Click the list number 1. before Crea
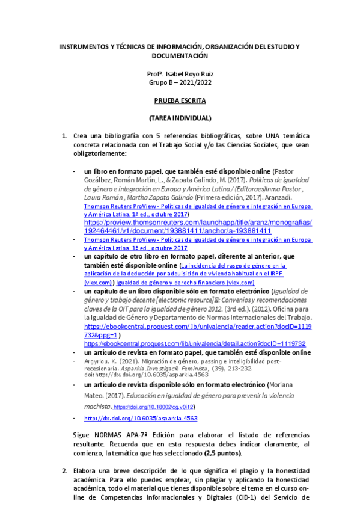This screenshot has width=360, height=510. tap(65, 136)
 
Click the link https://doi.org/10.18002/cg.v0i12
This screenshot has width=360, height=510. tap(151, 407)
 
